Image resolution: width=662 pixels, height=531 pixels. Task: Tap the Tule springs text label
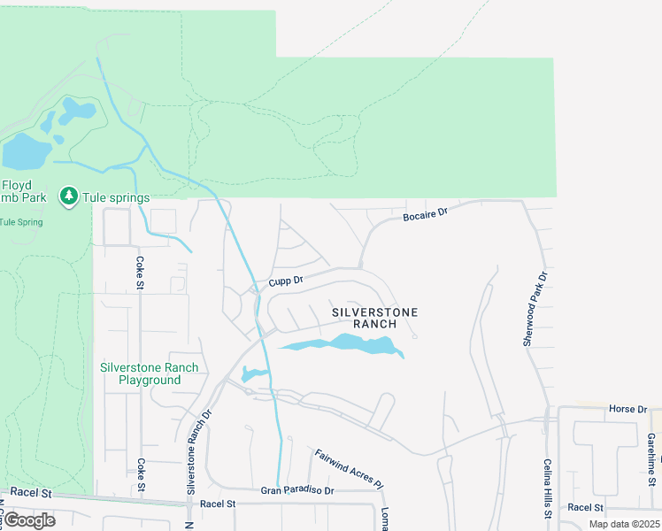pyautogui.click(x=116, y=197)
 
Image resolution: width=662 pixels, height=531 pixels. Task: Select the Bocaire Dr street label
pyautogui.click(x=427, y=213)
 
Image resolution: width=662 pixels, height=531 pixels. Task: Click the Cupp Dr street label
pyautogui.click(x=286, y=280)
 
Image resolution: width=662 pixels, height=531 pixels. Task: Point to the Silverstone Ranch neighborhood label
pyautogui.click(x=374, y=318)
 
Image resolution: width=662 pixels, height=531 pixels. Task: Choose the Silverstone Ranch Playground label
pyautogui.click(x=150, y=373)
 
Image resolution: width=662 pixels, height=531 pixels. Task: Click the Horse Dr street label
pyautogui.click(x=628, y=409)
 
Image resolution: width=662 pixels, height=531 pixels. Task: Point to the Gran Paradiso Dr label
pyautogui.click(x=297, y=489)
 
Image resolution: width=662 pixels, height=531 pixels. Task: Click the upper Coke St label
pyautogui.click(x=140, y=273)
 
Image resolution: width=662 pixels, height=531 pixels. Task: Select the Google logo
pyautogui.click(x=29, y=519)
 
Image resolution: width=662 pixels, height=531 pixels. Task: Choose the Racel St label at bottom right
pyautogui.click(x=585, y=507)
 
